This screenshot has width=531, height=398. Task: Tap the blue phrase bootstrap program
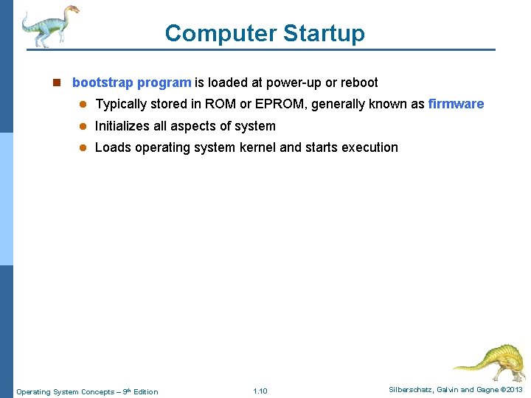point(131,83)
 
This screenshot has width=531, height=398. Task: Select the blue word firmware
point(456,104)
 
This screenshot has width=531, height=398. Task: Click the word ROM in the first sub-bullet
point(220,104)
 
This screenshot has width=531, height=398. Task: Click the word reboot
point(359,83)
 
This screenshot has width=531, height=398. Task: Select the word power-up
point(293,83)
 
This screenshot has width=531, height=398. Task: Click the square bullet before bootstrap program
point(56,83)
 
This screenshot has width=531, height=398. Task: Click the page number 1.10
point(260,391)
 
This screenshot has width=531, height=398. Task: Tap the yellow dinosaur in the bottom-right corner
point(490,361)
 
